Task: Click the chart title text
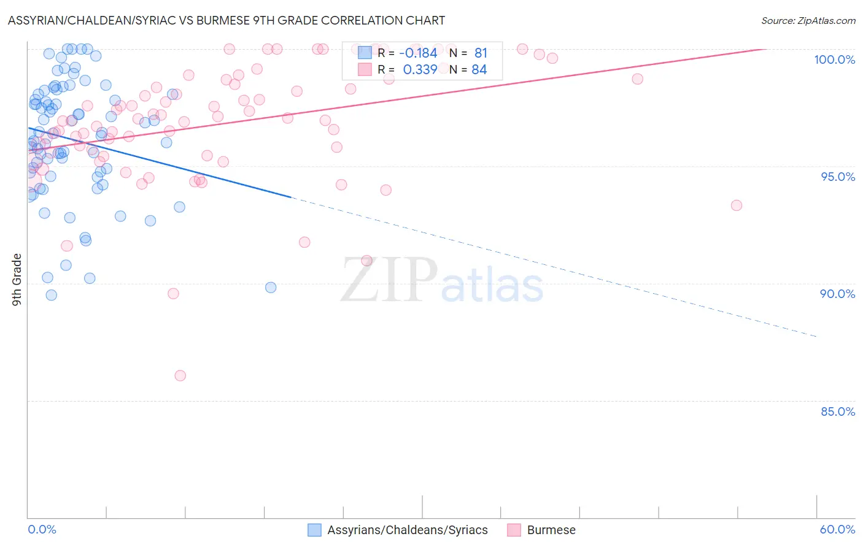pos(226,20)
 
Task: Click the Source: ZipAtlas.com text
pos(808,20)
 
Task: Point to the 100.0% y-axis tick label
pos(834,59)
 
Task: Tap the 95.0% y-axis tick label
pos(838,177)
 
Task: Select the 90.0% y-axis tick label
pos(837,294)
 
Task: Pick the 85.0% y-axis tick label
pos(838,411)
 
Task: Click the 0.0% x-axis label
pos(42,529)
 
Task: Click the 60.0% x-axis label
pos(837,529)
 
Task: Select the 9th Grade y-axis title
pos(17,280)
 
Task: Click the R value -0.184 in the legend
pos(418,53)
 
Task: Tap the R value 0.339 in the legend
pos(420,70)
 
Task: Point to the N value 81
pos(481,53)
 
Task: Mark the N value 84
pos(479,70)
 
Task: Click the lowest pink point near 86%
pos(180,375)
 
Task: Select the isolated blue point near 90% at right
pos(271,288)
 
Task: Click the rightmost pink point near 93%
pos(737,205)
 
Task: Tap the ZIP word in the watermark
pos(389,281)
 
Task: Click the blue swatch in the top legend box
pos(365,53)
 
